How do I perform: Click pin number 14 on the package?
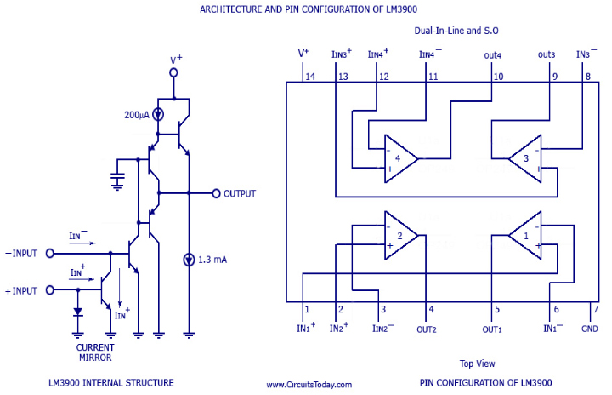tap(310, 77)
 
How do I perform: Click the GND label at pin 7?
tap(590, 329)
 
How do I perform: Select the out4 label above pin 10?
tap(493, 55)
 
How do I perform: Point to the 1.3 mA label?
tap(214, 259)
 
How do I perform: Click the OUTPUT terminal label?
tap(240, 193)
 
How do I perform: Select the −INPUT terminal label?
tap(20, 253)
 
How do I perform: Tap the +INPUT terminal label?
tap(20, 290)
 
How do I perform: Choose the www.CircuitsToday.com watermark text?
tap(312, 384)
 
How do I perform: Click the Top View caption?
tap(478, 362)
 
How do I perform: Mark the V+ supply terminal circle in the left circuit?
tap(173, 73)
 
